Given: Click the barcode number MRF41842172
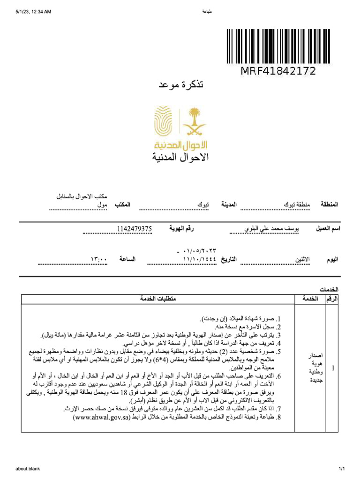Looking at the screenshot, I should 278,71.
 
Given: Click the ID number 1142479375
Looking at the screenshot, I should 135,229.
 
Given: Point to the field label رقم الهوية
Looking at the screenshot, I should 181,229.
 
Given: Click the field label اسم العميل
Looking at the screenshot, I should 327,229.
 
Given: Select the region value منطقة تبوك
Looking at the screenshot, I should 296,205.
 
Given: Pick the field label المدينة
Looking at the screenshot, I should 228,205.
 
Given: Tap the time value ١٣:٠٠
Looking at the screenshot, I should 99,259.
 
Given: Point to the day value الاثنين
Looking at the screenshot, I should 302,259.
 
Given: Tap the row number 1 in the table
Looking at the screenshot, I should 333,369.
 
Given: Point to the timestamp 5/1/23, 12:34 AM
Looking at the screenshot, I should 33,11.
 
